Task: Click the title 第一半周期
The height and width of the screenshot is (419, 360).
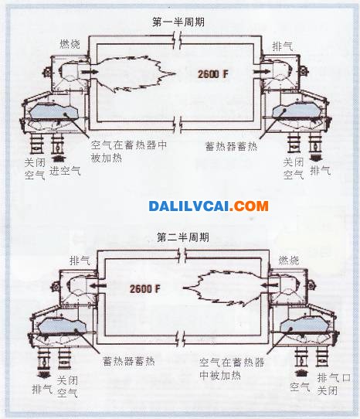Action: pos(178,22)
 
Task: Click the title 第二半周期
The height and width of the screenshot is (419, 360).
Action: pos(183,237)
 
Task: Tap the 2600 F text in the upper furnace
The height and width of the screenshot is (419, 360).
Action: pos(213,74)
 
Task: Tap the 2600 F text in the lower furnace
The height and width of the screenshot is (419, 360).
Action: pos(145,289)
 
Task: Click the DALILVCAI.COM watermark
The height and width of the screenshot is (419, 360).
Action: pos(209,206)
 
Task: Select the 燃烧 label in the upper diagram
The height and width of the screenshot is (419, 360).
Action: pos(70,44)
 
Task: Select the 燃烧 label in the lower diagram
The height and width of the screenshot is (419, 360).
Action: pos(289,260)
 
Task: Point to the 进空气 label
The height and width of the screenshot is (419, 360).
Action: pos(65,171)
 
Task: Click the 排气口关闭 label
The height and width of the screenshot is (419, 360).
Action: pos(334,384)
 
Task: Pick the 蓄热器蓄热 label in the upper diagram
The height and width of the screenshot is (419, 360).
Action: pos(231,146)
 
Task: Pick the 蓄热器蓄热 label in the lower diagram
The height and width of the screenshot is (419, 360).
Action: pos(129,361)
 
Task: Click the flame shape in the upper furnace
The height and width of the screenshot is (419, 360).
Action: pos(134,73)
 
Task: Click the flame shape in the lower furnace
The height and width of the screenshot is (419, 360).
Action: pos(224,288)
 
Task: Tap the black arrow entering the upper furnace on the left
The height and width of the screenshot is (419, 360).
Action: pos(87,72)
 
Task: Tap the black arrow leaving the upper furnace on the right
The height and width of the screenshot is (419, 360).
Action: pos(262,71)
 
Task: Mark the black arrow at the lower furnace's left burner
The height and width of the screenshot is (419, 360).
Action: pos(97,286)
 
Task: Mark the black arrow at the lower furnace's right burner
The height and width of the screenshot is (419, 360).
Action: pos(269,285)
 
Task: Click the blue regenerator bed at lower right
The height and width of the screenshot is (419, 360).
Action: pos(304,325)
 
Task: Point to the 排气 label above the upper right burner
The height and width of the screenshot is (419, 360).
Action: pos(283,46)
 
